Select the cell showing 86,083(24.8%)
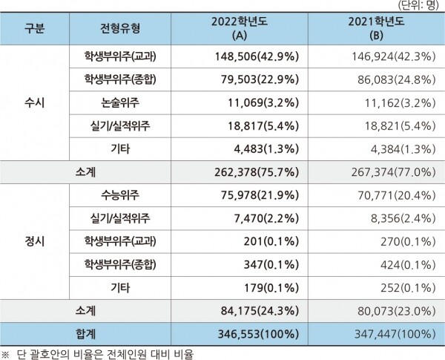click(x=392, y=79)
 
